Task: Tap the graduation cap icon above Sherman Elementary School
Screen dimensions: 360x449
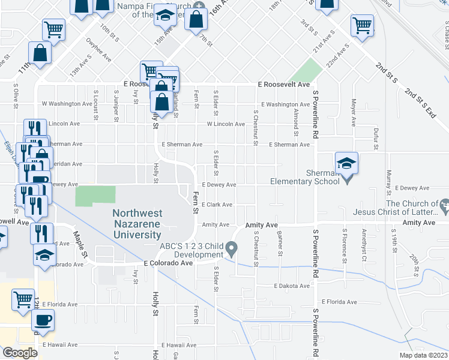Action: coord(346,164)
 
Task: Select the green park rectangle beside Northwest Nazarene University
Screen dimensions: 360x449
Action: coord(95,196)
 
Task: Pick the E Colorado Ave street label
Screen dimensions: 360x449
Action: coord(168,263)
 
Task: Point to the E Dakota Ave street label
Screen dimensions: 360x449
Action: coord(291,286)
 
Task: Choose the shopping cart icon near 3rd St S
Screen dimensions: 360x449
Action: coord(362,26)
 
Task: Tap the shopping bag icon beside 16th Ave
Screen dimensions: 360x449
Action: coord(197,19)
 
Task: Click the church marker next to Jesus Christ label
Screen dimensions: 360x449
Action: coord(443,207)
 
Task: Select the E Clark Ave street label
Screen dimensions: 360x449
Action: coord(217,205)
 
